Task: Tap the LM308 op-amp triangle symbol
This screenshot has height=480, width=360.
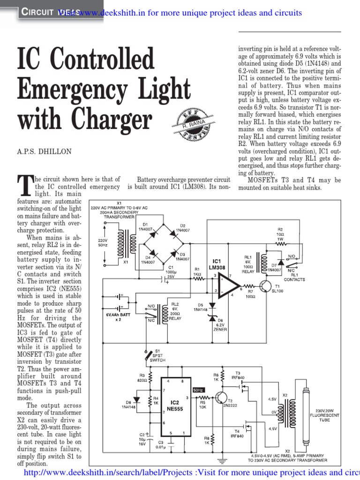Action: [227, 285]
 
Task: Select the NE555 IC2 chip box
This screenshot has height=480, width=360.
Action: [174, 406]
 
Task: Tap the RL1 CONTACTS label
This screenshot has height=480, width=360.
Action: [294, 277]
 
